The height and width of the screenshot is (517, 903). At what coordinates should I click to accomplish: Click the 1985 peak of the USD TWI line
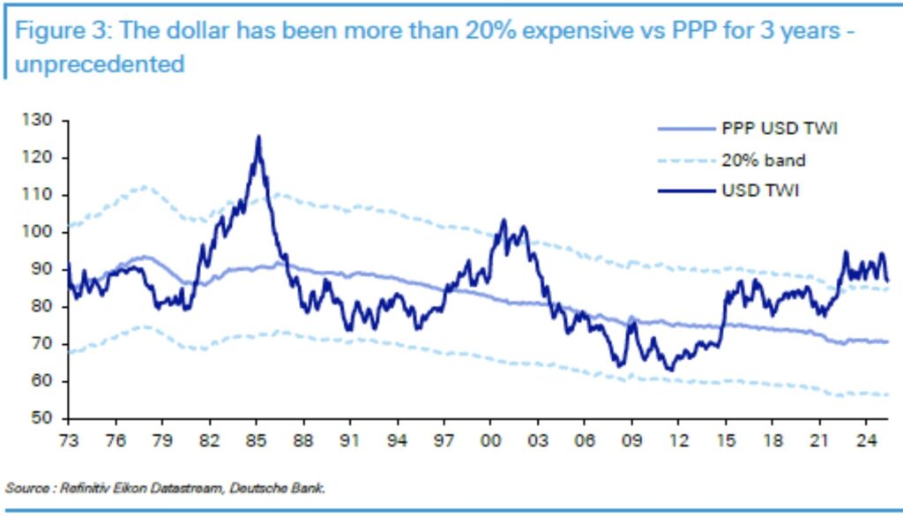[258, 138]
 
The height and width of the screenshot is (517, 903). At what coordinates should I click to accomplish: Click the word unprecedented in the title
[99, 64]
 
